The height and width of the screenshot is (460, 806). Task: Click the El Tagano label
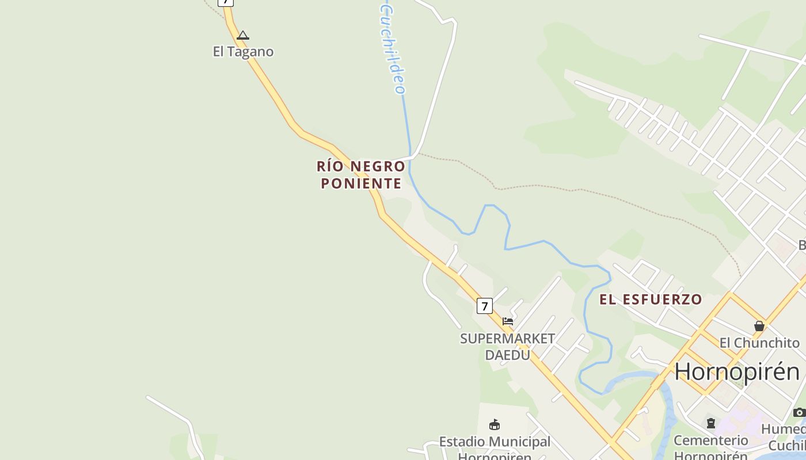pyautogui.click(x=243, y=52)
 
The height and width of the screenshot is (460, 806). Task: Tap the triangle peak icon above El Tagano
pyautogui.click(x=243, y=35)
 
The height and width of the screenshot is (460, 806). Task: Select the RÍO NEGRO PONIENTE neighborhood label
pyautogui.click(x=361, y=175)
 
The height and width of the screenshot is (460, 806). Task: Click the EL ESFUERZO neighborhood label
pyautogui.click(x=651, y=300)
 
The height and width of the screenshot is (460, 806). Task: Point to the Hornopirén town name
pyautogui.click(x=737, y=371)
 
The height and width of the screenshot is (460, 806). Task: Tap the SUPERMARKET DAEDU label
pyautogui.click(x=507, y=347)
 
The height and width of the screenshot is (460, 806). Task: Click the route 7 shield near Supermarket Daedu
pyautogui.click(x=485, y=306)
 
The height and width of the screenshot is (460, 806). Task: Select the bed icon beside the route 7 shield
pyautogui.click(x=507, y=321)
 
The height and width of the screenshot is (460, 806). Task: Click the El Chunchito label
pyautogui.click(x=759, y=343)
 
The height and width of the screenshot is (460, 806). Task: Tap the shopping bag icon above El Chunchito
pyautogui.click(x=759, y=326)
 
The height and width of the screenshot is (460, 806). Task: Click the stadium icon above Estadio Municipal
pyautogui.click(x=495, y=425)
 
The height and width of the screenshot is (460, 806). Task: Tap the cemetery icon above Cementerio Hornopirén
pyautogui.click(x=711, y=423)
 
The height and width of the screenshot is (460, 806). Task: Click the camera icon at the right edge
pyautogui.click(x=799, y=412)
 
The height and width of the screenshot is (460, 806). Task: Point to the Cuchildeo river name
pyautogui.click(x=392, y=49)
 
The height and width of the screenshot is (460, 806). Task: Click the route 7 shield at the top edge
pyautogui.click(x=226, y=2)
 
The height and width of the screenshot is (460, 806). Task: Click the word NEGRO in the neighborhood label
pyautogui.click(x=378, y=167)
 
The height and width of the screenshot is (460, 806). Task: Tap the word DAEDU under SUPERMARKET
pyautogui.click(x=507, y=355)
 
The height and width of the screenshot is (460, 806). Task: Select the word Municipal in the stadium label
pyautogui.click(x=520, y=442)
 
